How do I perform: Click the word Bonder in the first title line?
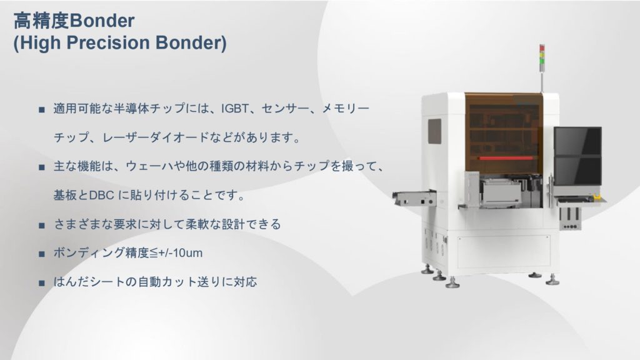(102, 21)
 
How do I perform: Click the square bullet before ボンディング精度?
(42, 254)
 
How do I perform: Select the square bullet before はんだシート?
(42, 283)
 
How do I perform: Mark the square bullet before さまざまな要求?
(42, 225)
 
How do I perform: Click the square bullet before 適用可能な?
(42, 109)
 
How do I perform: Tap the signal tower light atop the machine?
(542, 55)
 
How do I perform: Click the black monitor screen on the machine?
(577, 156)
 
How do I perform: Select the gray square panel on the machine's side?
(434, 131)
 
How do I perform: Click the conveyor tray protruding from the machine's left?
(414, 198)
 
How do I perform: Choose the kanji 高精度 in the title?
(41, 21)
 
